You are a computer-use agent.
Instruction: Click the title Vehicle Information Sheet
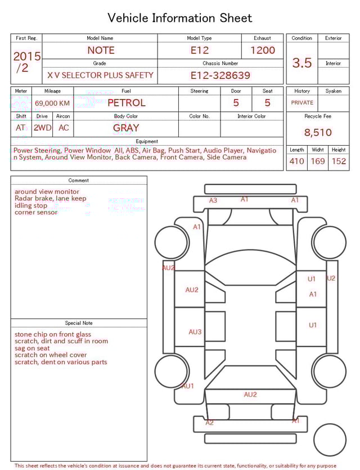pyautogui.click(x=180, y=18)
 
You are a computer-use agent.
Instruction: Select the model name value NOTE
pyautogui.click(x=101, y=50)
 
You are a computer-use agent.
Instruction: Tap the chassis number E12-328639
pyautogui.click(x=220, y=75)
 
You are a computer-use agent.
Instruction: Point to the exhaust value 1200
pyautogui.click(x=263, y=50)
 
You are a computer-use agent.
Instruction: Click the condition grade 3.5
pyautogui.click(x=302, y=63)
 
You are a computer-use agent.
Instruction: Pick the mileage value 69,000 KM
pyautogui.click(x=52, y=103)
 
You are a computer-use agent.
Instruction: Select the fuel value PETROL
pyautogui.click(x=127, y=102)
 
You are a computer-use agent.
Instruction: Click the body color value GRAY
pyautogui.click(x=126, y=128)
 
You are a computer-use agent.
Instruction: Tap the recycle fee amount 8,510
pyautogui.click(x=318, y=133)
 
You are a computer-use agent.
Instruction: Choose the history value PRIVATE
pyautogui.click(x=302, y=102)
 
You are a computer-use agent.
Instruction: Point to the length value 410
pyautogui.click(x=296, y=161)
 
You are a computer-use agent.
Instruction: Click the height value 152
pyautogui.click(x=339, y=161)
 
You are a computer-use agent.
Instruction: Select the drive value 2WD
pyautogui.click(x=42, y=128)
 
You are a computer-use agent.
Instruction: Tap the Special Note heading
pyautogui.click(x=79, y=323)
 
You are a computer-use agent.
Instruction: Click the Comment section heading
pyautogui.click(x=79, y=181)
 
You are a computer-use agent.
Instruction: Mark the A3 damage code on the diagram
pyautogui.click(x=213, y=200)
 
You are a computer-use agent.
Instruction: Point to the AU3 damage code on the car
pyautogui.click(x=195, y=332)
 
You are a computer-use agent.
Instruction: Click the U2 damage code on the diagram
pyautogui.click(x=331, y=278)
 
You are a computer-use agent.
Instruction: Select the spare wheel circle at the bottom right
pyautogui.click(x=330, y=440)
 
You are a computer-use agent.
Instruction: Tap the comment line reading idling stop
pyautogui.click(x=31, y=205)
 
